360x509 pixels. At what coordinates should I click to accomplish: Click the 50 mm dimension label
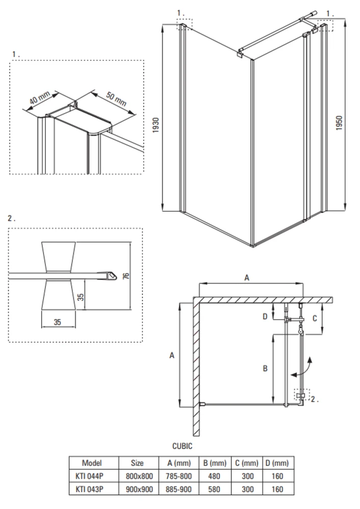tap(116, 99)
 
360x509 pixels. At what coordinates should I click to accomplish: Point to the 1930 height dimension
tap(156, 125)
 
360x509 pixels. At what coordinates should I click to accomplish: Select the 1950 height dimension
tap(339, 123)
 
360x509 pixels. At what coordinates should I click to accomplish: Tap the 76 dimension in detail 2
tap(126, 276)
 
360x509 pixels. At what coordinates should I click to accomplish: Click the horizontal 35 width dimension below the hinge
tap(58, 322)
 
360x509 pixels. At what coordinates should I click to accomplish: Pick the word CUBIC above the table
tap(182, 446)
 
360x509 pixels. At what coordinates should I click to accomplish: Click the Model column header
tap(92, 463)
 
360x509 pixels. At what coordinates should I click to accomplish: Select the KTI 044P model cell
tap(89, 476)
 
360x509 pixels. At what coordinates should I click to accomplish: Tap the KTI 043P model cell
tap(89, 489)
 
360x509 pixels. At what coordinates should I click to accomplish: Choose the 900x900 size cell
tap(139, 489)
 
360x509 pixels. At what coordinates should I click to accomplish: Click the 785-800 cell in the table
tap(179, 476)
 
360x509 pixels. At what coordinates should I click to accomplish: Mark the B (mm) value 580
tap(214, 489)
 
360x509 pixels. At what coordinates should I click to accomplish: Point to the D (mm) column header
tap(277, 463)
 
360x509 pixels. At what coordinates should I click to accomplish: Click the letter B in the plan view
tap(265, 369)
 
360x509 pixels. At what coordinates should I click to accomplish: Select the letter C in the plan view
tap(315, 319)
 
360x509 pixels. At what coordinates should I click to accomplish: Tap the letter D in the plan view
tap(265, 316)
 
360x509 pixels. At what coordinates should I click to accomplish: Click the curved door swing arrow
tap(303, 369)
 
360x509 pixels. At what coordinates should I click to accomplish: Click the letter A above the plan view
tap(247, 278)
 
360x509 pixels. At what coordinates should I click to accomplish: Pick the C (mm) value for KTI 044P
tap(247, 476)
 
